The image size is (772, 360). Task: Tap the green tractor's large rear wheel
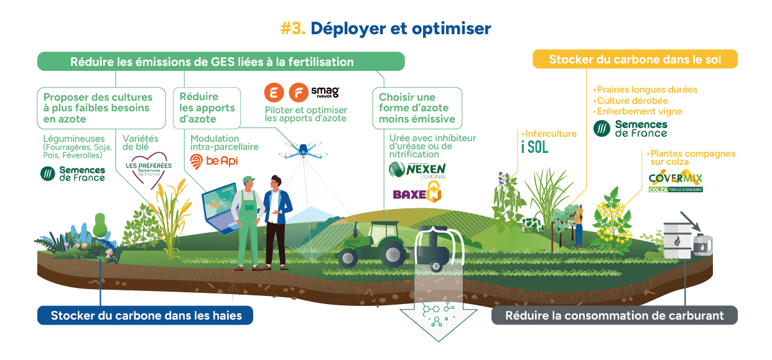[x=393, y=252]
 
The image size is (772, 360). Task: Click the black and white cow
[x=531, y=223]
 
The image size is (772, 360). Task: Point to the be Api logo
[x=213, y=162]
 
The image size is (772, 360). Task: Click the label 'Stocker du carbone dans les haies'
[x=146, y=315]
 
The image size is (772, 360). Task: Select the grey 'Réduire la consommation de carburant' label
[x=614, y=315]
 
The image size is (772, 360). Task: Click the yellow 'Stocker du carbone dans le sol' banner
[x=635, y=60]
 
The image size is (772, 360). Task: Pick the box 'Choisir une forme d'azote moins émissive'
[x=417, y=108]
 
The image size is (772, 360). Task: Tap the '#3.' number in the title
[x=292, y=29]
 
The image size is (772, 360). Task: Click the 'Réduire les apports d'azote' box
[x=208, y=108]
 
